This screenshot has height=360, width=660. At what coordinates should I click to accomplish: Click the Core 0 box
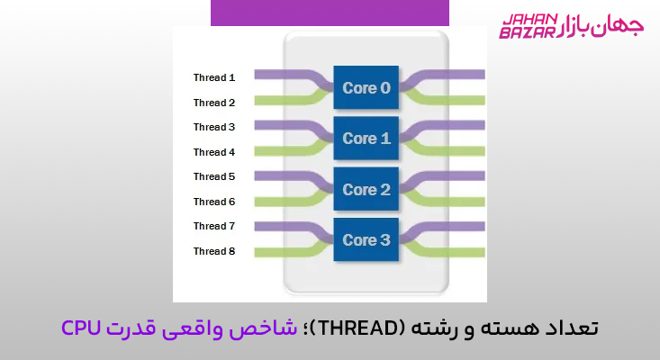pos(366,88)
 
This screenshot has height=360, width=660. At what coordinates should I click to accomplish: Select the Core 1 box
pos(366,139)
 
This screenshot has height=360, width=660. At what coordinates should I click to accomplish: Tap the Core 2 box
pos(366,189)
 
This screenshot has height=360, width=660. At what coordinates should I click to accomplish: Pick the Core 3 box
pos(366,239)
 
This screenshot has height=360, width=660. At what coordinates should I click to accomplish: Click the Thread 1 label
pos(214,77)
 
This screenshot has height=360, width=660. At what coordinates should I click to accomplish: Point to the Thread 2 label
pos(214,103)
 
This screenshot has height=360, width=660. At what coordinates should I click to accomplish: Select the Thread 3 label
pos(214,127)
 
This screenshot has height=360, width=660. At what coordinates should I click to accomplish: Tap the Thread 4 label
pos(214,152)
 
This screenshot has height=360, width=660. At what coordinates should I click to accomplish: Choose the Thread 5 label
pos(214,176)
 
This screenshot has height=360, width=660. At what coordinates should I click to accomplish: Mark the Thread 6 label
pos(214,202)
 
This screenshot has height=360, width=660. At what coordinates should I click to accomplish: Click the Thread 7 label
pos(214,226)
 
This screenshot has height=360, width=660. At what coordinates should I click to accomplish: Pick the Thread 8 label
pos(214,251)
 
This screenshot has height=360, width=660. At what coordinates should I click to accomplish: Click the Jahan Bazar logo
pos(571,25)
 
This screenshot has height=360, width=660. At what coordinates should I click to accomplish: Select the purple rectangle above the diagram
pos(330,13)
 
